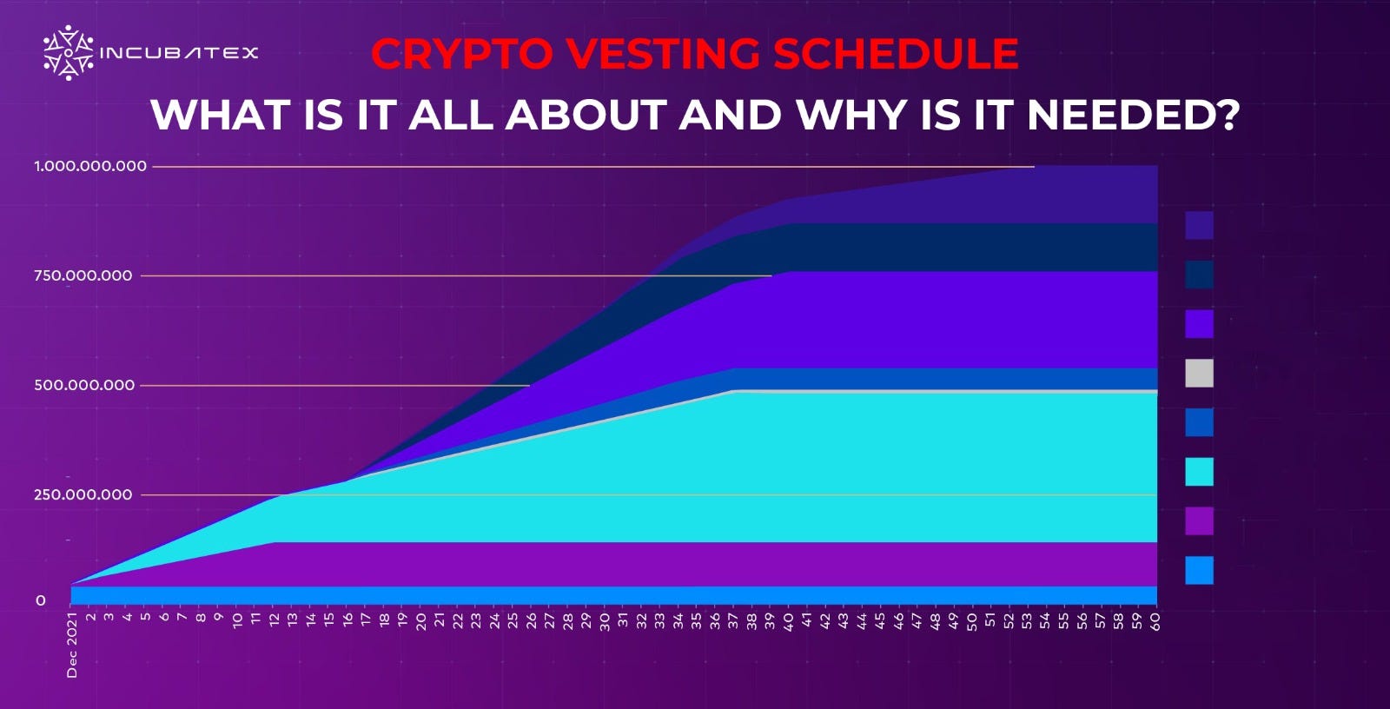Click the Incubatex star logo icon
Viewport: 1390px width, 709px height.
click(68, 52)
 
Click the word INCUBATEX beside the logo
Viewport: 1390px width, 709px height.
click(180, 53)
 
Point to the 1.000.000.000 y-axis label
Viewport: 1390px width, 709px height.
click(90, 166)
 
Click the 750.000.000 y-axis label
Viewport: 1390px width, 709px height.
click(83, 275)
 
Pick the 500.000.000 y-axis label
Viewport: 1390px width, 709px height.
click(84, 385)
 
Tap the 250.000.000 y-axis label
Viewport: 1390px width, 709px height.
click(83, 494)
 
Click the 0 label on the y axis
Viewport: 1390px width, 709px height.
click(40, 600)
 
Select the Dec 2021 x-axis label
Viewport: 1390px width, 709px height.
click(72, 645)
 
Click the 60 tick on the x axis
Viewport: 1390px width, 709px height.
click(1155, 620)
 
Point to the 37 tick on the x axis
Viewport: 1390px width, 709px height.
click(733, 620)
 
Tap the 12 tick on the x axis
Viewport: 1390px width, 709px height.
click(274, 620)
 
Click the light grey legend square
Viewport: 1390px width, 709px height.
click(1199, 374)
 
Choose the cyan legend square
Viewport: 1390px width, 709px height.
click(1199, 472)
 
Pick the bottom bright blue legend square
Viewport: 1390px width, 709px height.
click(1199, 571)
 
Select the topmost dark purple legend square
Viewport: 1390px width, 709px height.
click(1199, 225)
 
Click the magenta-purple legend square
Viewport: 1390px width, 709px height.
click(1199, 521)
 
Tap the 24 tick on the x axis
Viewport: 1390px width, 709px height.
click(494, 620)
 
